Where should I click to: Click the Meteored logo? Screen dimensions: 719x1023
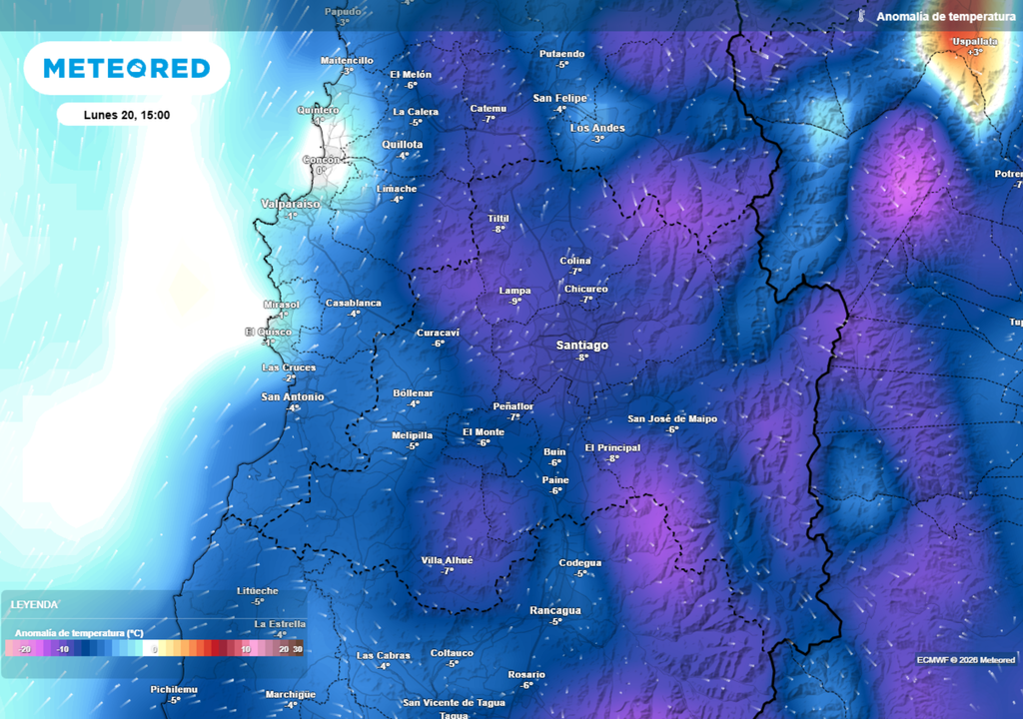(126, 68)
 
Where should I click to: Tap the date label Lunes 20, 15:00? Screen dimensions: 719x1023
(126, 115)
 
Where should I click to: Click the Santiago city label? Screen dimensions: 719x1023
(581, 346)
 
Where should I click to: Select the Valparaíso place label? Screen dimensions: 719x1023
(291, 204)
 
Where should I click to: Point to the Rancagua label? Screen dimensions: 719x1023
(554, 610)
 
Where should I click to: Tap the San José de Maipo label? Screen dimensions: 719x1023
(671, 419)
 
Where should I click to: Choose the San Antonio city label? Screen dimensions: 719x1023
(292, 397)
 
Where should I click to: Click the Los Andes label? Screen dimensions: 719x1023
(596, 128)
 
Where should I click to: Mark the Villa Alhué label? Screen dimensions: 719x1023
(447, 560)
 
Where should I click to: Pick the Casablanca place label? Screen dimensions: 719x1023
(353, 303)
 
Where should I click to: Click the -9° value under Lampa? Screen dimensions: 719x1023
(514, 302)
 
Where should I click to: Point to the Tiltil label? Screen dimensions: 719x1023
(498, 218)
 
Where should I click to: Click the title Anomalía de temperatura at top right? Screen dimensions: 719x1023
(945, 17)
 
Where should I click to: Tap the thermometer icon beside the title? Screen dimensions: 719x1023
(859, 17)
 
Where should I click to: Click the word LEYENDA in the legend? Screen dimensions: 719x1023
(35, 605)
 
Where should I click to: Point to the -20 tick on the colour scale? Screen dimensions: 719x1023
(26, 649)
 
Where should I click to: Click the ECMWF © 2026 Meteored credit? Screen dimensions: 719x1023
(965, 660)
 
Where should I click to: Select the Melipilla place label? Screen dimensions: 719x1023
(412, 435)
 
